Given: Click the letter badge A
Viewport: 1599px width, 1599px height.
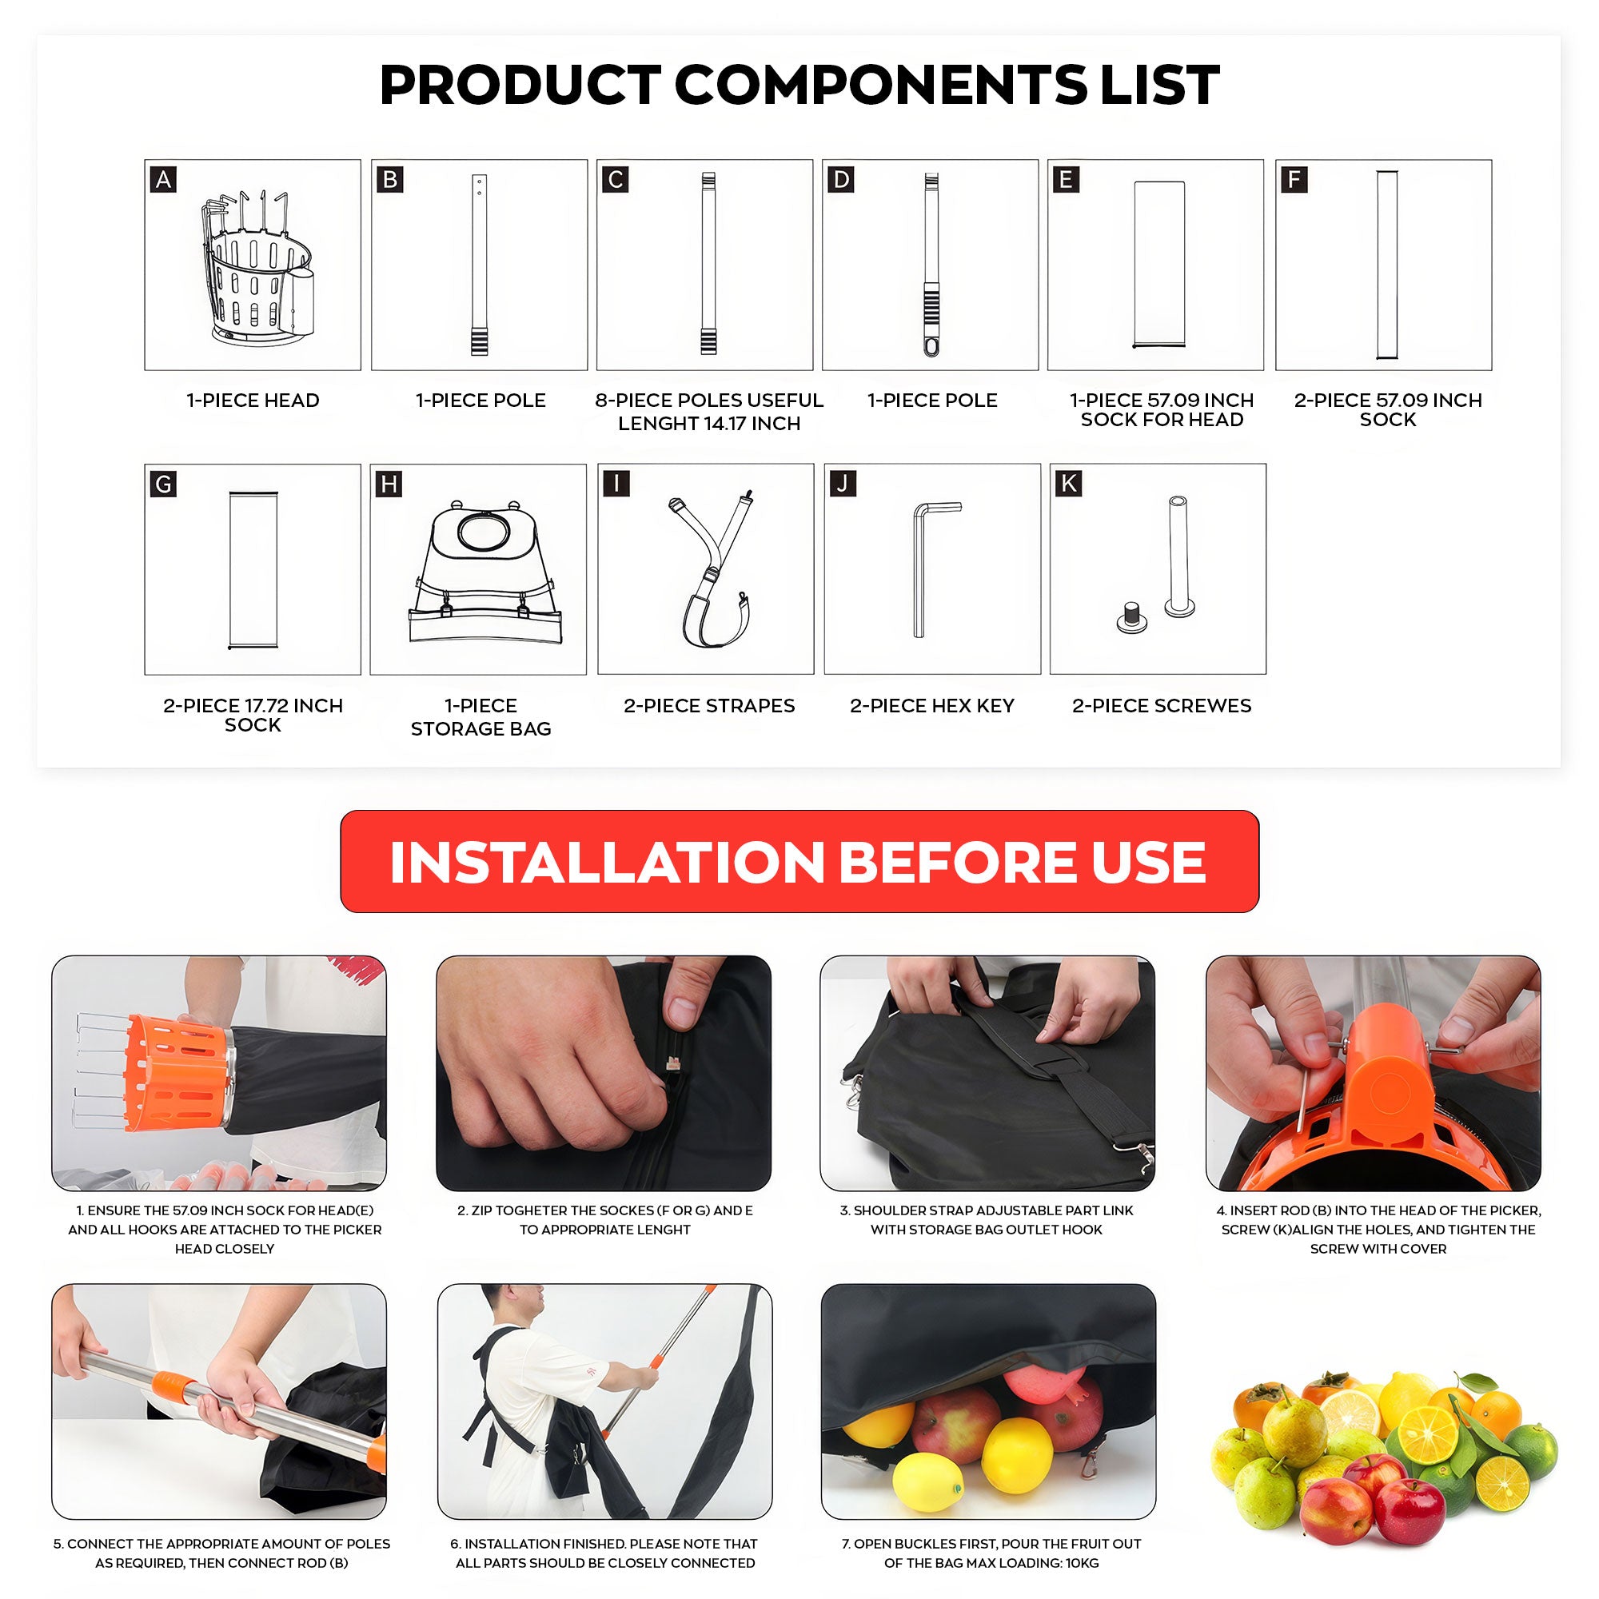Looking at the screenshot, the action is [164, 180].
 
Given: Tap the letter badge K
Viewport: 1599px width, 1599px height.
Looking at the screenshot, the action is [1068, 484].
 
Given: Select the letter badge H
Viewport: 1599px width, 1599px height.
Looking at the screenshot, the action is [389, 484].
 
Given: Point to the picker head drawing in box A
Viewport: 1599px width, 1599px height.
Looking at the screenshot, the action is [253, 268].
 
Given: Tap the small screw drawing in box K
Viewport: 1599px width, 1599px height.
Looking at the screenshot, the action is [1130, 617].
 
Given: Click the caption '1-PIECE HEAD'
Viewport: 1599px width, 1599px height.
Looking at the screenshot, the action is [253, 401].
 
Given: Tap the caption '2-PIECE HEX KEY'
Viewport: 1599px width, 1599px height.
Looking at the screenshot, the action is [932, 706].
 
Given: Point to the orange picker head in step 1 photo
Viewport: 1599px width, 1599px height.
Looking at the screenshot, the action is [175, 1073].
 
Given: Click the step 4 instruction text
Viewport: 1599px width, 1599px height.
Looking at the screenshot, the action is [1378, 1229].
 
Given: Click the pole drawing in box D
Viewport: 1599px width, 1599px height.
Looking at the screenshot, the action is [931, 265].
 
